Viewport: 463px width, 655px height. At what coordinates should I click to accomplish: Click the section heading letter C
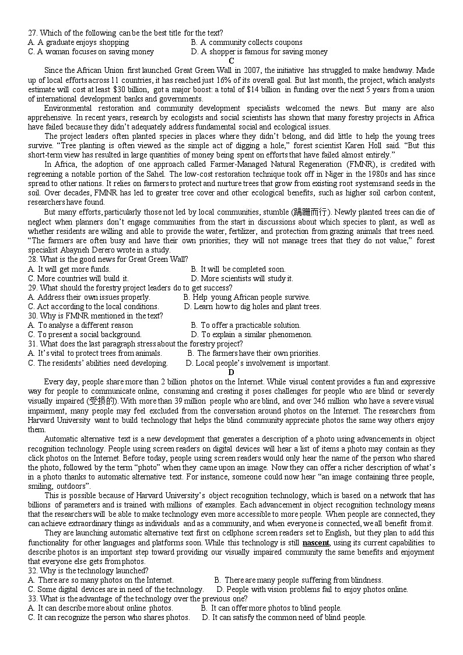[x=232, y=61]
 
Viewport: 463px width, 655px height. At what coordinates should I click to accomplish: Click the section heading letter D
[x=232, y=372]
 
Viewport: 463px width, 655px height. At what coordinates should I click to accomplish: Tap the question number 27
[x=33, y=33]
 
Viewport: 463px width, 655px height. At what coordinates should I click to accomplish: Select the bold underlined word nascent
[x=316, y=542]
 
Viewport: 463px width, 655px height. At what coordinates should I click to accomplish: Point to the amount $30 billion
[x=131, y=89]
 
